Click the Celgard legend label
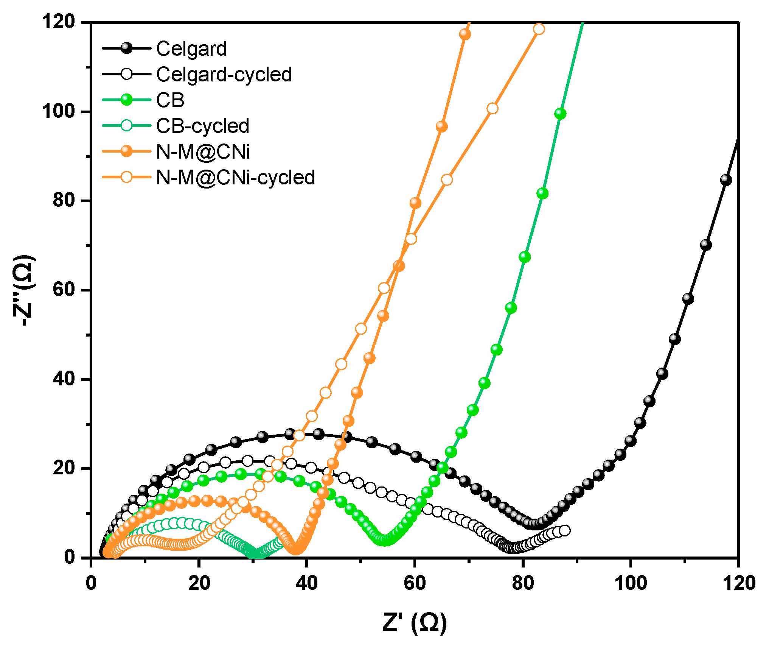191,49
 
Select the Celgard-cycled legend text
224,75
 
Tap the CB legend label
170,100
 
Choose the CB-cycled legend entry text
203,126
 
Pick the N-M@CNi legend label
203,152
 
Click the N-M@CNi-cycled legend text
235,178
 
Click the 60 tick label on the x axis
415,583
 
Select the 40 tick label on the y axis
64,379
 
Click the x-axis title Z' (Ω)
415,622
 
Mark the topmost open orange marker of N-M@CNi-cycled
539,29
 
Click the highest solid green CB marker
560,114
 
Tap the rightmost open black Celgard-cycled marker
565,530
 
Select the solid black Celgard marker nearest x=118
726,180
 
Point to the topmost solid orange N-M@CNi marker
465,34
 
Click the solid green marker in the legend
127,100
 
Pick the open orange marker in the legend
127,177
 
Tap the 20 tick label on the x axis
199,583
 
